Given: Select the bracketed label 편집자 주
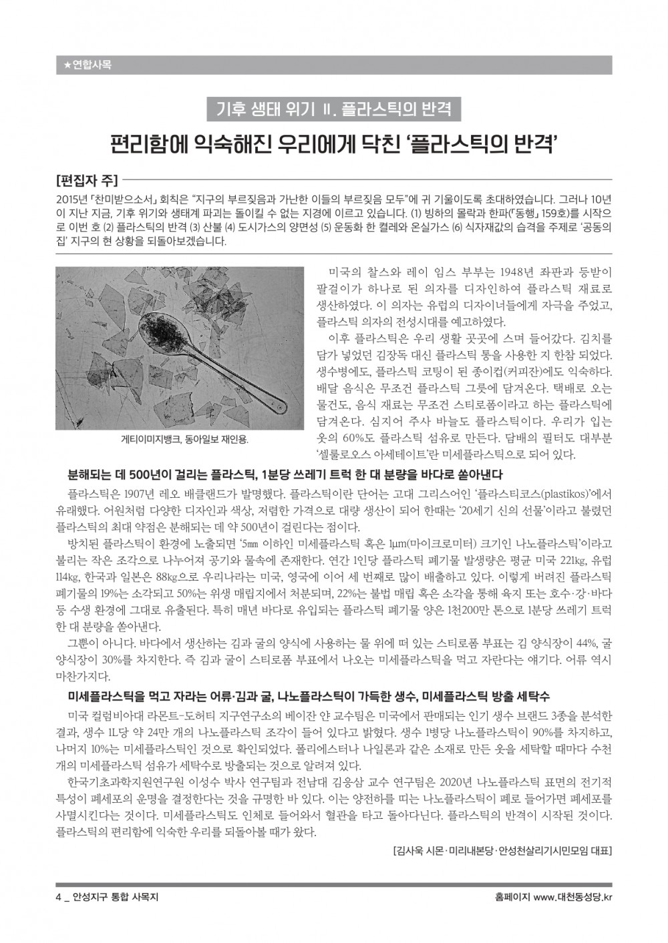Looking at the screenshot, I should click(87, 180).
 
